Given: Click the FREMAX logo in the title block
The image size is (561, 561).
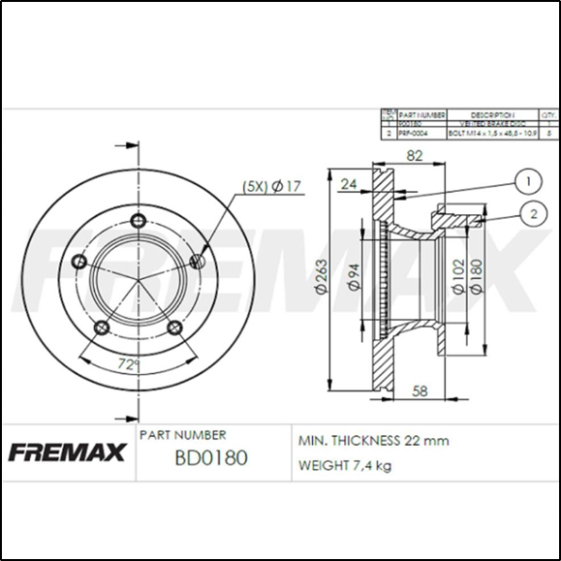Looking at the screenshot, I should point(68,452).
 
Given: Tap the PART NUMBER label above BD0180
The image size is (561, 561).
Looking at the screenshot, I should point(184,435).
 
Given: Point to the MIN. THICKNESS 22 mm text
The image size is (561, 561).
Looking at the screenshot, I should point(373,440).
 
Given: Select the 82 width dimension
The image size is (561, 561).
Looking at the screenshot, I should point(414,157).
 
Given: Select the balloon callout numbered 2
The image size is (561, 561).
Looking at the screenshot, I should point(533,214).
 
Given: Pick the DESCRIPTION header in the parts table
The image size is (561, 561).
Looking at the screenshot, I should point(491,114).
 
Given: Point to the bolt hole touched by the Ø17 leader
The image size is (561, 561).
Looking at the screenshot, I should point(198,260).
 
